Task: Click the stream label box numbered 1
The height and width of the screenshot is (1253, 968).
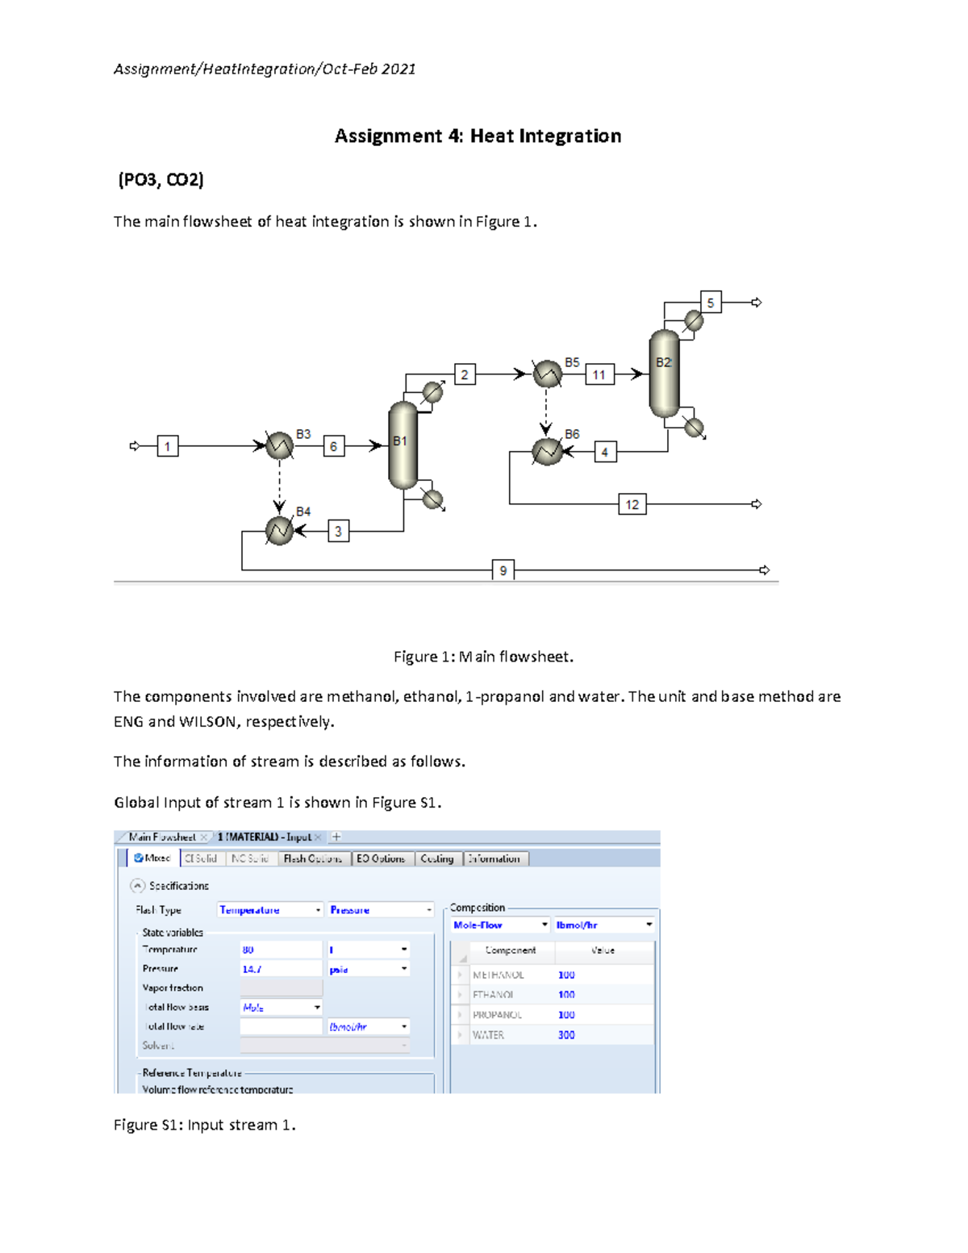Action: point(168,446)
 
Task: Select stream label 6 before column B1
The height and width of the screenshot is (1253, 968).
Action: point(333,446)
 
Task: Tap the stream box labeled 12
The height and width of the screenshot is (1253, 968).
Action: point(632,504)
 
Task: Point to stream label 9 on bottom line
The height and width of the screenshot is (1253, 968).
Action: point(503,570)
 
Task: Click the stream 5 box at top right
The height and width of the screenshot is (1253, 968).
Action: point(710,303)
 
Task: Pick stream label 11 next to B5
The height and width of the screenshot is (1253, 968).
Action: point(599,374)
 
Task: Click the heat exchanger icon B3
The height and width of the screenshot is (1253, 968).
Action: point(279,445)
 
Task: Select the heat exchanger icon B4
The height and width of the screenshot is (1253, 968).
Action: point(279,531)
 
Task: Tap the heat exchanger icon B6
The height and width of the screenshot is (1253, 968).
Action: point(547,452)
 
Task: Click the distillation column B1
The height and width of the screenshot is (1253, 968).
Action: point(403,446)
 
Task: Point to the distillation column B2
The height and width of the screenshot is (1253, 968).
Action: point(664,374)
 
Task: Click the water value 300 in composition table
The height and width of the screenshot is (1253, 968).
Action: point(566,1035)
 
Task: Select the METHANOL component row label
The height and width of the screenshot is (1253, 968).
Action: point(498,975)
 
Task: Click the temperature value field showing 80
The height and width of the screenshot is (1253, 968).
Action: point(280,950)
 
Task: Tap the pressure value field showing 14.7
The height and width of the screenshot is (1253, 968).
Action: point(280,969)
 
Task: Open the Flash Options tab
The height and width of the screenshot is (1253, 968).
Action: point(313,858)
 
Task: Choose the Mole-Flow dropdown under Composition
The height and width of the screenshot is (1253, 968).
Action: point(500,925)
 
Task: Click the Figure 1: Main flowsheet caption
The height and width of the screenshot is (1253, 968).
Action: point(483,657)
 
